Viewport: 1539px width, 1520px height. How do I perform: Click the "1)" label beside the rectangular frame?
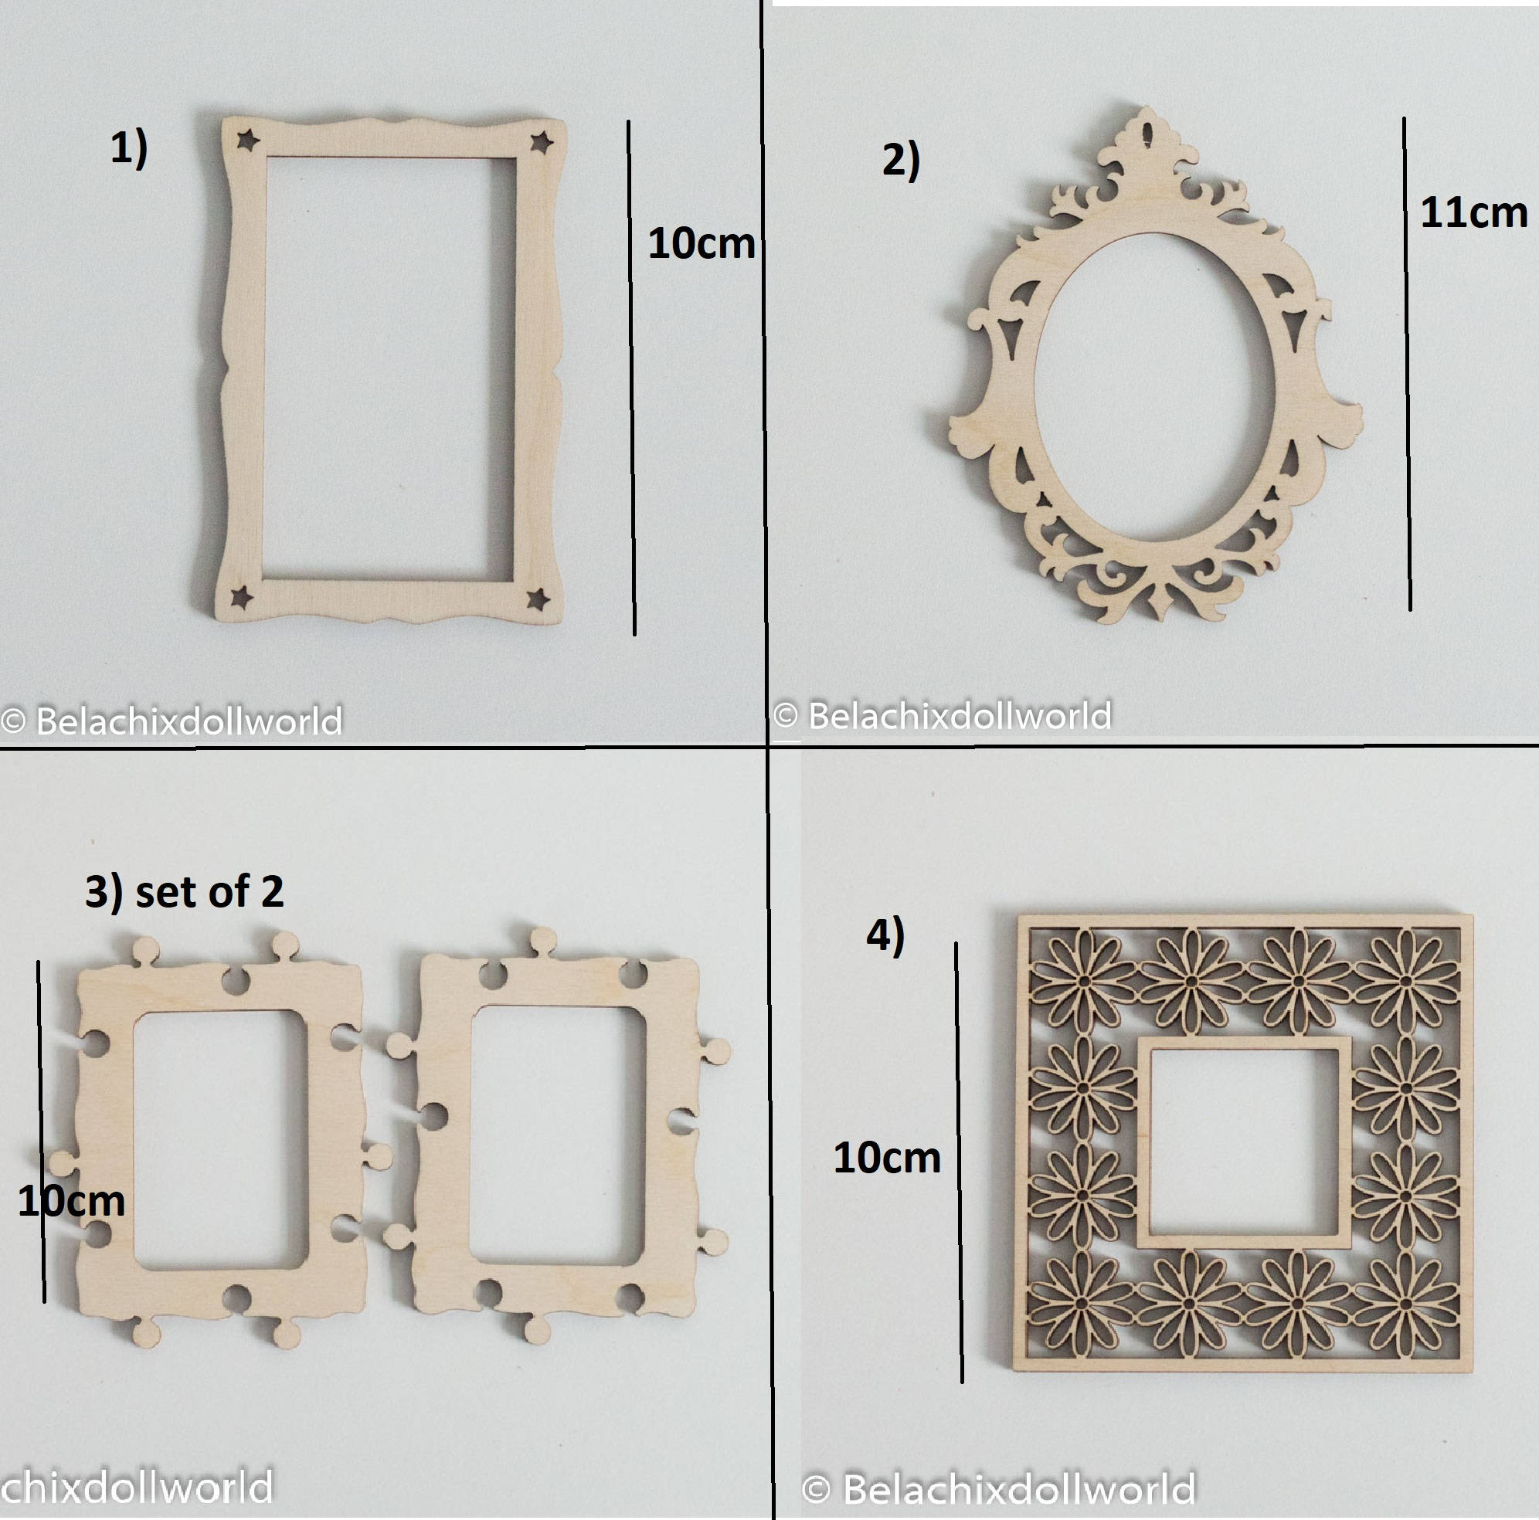[x=129, y=149]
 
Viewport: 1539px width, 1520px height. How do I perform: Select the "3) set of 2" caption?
[x=184, y=892]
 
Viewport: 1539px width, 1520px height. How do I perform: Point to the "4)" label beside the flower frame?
[x=886, y=935]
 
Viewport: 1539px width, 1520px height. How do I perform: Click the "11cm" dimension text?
[x=1473, y=213]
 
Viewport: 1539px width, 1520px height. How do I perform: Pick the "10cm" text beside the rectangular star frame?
[x=701, y=243]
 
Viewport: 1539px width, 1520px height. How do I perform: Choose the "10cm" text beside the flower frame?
[x=887, y=1158]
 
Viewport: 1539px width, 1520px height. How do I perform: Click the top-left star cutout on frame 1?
[x=249, y=141]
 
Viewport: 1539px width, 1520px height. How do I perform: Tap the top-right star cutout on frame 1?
[x=542, y=143]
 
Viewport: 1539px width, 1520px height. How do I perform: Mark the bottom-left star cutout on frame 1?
[x=241, y=596]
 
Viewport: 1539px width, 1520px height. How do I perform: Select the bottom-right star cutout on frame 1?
[x=538, y=599]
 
